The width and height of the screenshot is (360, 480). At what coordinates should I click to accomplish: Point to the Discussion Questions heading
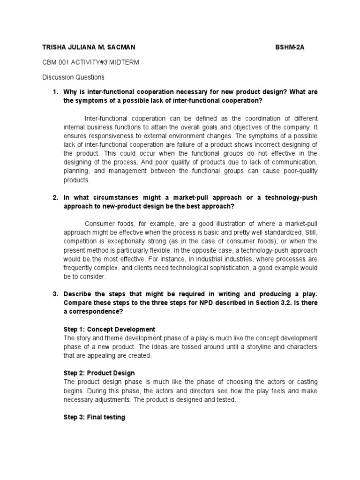pos(73,77)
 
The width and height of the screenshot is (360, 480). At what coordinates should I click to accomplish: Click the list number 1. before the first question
pos(54,92)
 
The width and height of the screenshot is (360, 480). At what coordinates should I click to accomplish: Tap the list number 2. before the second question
pos(54,198)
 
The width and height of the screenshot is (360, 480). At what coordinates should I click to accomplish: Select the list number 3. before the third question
pos(54,294)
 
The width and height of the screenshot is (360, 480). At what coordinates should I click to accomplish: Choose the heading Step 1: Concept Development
pos(109,330)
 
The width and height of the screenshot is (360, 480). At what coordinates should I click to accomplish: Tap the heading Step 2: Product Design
pos(99,373)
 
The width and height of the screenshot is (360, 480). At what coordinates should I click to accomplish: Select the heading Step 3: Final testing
pos(94,417)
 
